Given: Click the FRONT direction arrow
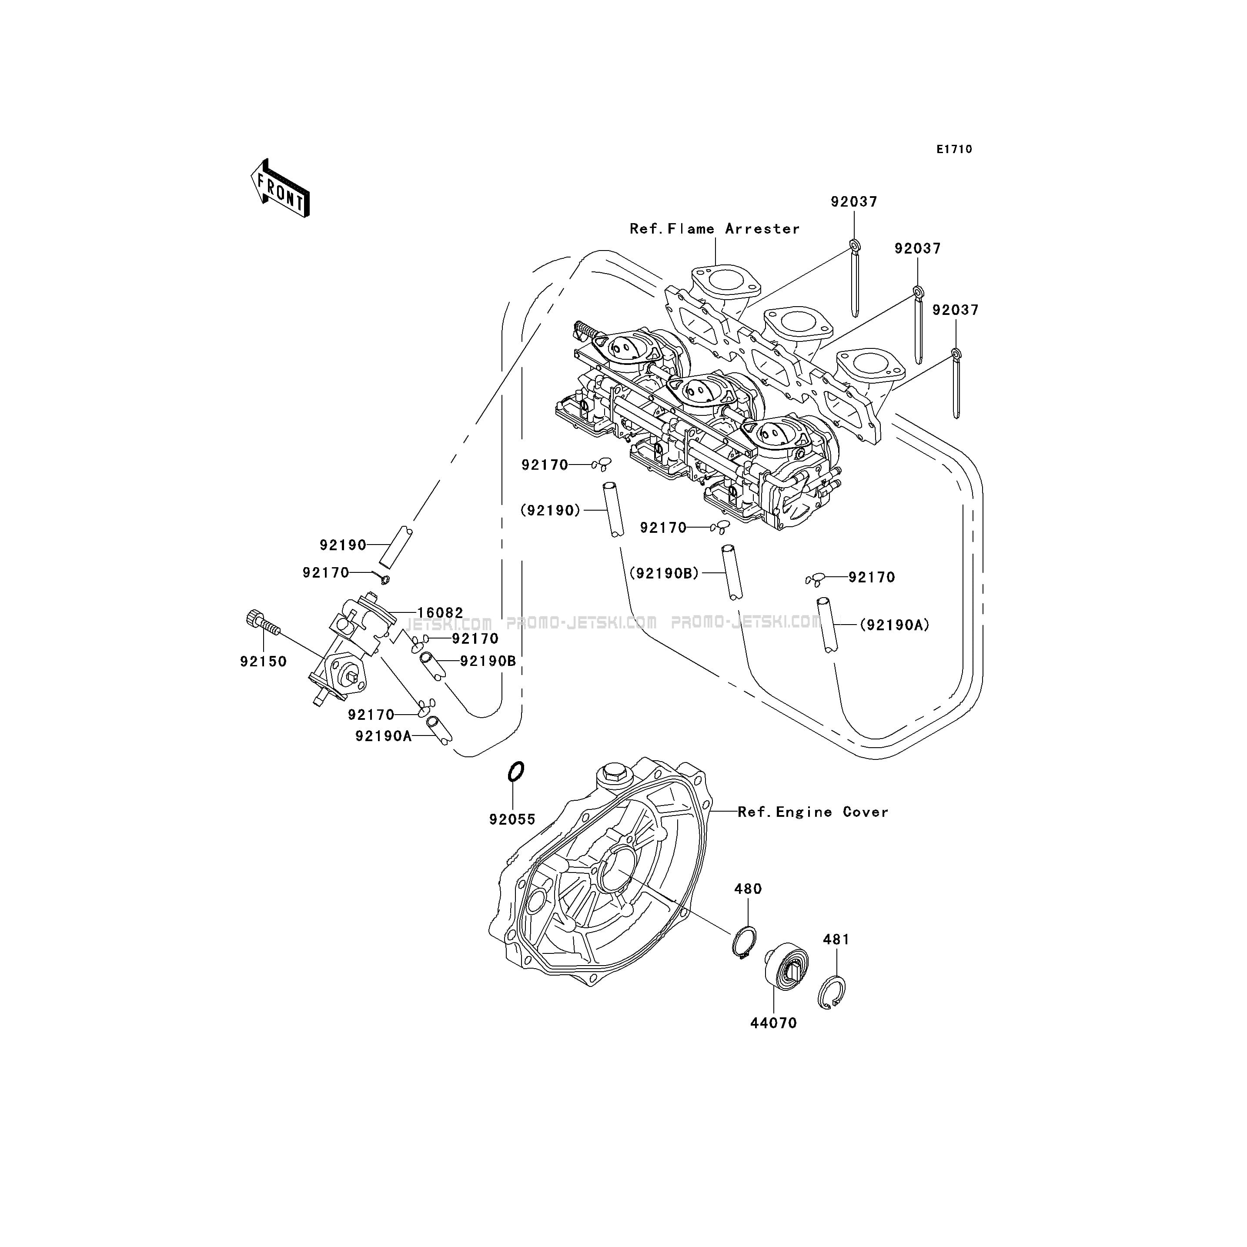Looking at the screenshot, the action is tap(280, 188).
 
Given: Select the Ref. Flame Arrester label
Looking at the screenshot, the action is tap(715, 228).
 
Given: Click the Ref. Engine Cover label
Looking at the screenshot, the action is tap(812, 812).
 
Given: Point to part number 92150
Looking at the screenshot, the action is tap(263, 662).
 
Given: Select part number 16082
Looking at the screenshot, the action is tap(440, 612).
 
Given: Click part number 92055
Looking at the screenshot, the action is tap(512, 819).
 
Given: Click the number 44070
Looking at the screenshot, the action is tap(773, 1023).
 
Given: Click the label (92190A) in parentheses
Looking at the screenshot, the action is tap(894, 625).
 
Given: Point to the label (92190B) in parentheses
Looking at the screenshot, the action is tap(664, 572).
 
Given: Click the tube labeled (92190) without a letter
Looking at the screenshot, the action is tap(614, 509).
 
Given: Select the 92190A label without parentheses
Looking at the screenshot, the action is tap(383, 736).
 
